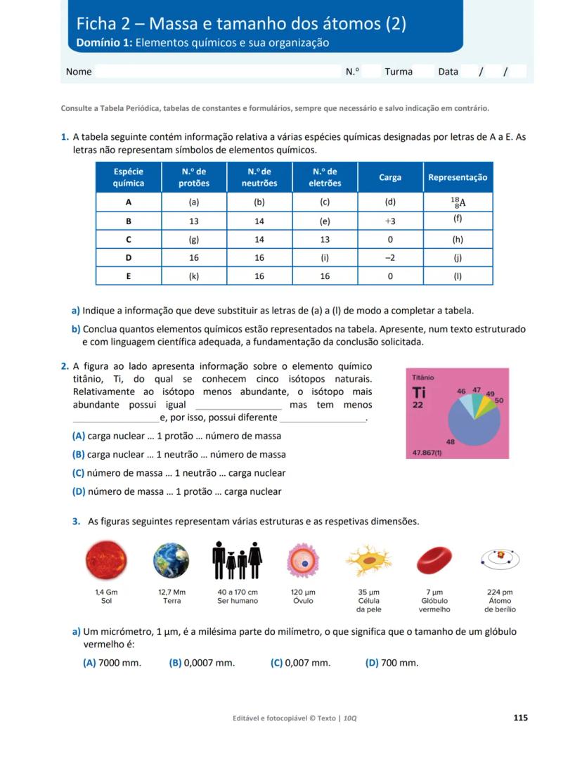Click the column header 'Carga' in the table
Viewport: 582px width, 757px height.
(x=390, y=178)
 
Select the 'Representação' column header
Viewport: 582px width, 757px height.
(x=458, y=178)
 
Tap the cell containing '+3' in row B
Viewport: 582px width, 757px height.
(x=390, y=220)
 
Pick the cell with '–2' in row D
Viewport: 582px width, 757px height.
(x=390, y=258)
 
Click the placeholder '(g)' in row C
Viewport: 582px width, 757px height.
(x=194, y=239)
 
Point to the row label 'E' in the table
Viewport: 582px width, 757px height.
(x=129, y=276)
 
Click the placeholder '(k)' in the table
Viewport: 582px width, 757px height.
(x=194, y=276)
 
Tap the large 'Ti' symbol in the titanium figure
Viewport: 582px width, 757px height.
(x=420, y=392)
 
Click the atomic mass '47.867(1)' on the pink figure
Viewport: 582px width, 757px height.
(x=427, y=453)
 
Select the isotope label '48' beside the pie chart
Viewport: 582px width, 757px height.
(x=451, y=441)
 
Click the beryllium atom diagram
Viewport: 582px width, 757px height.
(x=500, y=559)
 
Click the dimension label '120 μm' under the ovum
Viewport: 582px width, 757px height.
(x=303, y=592)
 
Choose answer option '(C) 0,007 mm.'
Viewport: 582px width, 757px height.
(x=300, y=663)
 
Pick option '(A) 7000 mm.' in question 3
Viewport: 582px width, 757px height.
(x=112, y=663)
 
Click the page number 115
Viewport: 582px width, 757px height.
(x=520, y=718)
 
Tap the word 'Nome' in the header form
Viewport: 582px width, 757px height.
(x=79, y=72)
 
